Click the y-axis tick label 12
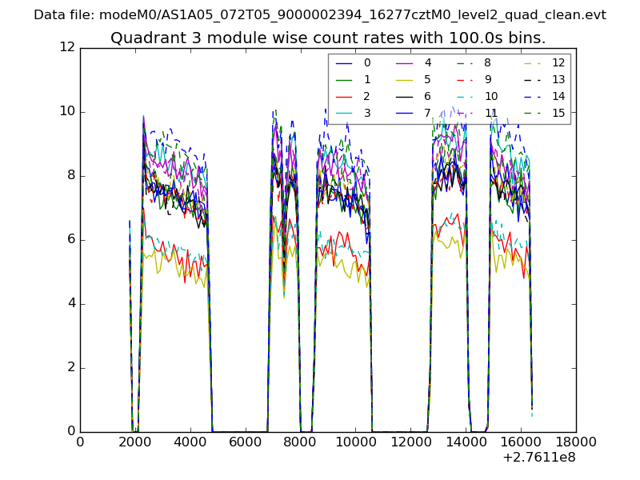67,47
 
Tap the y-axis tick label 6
70,239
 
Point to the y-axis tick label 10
67,111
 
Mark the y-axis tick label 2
70,367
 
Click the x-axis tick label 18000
576,441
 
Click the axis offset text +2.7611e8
539,458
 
